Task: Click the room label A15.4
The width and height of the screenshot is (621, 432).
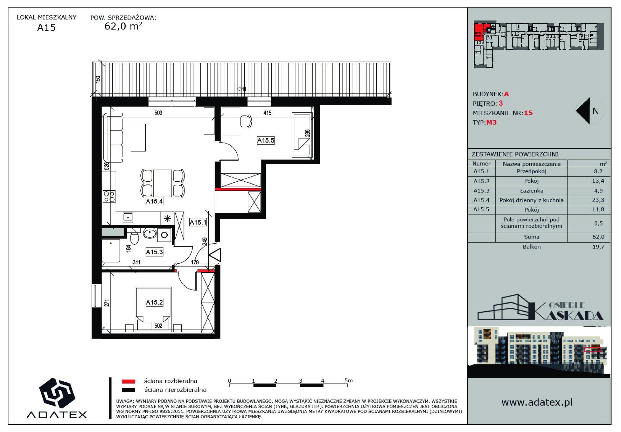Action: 154,201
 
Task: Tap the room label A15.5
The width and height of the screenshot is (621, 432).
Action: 266,140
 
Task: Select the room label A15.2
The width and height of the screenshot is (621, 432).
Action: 154,302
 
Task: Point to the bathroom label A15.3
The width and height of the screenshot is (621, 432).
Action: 154,252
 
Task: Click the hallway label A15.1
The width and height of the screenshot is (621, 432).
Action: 198,222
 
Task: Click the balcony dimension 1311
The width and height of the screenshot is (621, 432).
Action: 242,89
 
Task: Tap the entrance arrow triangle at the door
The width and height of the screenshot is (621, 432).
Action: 215,255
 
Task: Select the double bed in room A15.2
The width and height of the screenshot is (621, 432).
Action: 153,309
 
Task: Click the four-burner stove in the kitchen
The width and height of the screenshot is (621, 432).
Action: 109,197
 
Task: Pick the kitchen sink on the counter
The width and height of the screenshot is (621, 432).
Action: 128,218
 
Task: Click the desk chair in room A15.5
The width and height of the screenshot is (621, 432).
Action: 246,121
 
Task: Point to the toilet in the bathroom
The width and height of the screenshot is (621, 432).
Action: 134,238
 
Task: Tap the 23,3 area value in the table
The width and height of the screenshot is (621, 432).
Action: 598,200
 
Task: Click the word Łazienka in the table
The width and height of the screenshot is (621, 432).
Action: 532,191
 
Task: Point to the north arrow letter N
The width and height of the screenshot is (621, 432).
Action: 596,111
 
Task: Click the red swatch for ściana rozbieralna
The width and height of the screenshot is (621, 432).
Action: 128,381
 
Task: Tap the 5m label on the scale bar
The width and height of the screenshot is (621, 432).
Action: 349,380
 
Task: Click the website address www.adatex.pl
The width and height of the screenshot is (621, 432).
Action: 537,402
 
